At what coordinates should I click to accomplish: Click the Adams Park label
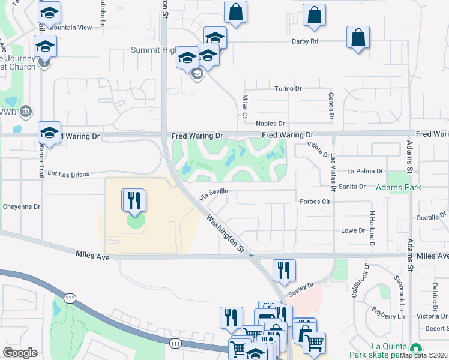click(398, 188)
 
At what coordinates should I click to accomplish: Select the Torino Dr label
click(287, 89)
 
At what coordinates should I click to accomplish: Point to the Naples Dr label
click(270, 124)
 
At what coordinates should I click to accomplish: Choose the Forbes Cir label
click(315, 202)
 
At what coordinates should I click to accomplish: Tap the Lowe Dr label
click(353, 230)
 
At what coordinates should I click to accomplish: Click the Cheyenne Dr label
click(21, 206)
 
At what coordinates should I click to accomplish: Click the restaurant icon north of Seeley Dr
click(284, 270)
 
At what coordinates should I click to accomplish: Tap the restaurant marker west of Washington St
click(134, 200)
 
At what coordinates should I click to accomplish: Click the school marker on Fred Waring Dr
click(49, 133)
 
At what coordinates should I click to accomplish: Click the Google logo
click(20, 353)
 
